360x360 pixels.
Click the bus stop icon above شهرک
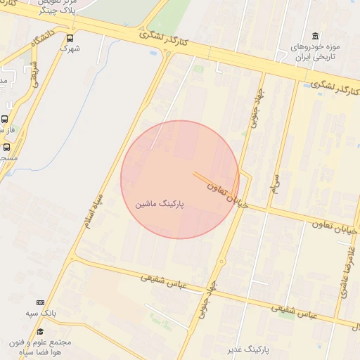pyautogui.click(x=70, y=38)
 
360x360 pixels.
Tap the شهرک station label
pyautogui.click(x=70, y=49)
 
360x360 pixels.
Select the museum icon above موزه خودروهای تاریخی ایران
pyautogui.click(x=314, y=36)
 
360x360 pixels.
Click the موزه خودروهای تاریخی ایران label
pyautogui.click(x=314, y=51)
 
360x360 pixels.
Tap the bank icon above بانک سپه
pyautogui.click(x=40, y=302)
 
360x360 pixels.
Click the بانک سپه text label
pyautogui.click(x=41, y=312)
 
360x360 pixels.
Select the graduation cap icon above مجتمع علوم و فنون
pyautogui.click(x=40, y=331)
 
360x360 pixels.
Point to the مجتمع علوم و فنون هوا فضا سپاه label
pyautogui.click(x=40, y=347)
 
